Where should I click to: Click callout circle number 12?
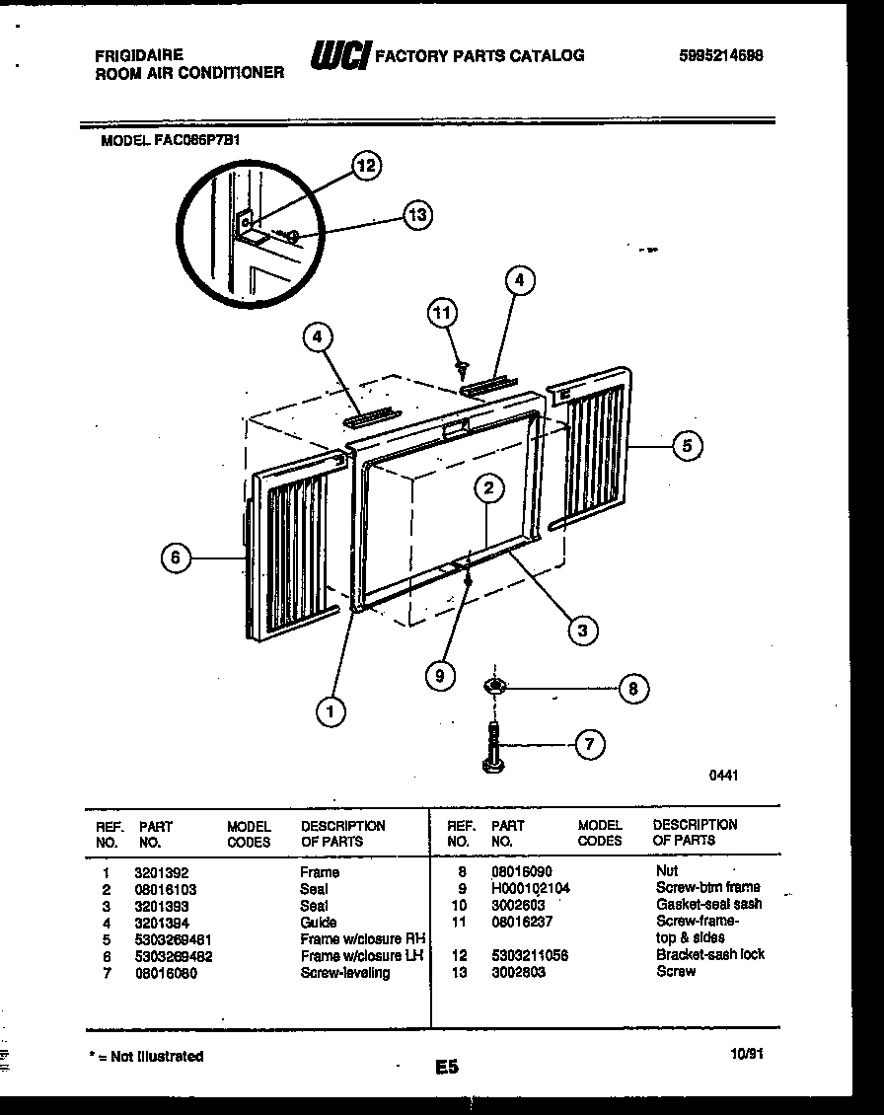click(x=366, y=167)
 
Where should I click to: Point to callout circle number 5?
click(x=688, y=446)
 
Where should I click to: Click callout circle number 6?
click(x=175, y=558)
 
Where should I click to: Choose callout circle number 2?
click(x=487, y=486)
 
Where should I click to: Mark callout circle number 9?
click(x=441, y=675)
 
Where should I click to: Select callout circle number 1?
click(x=331, y=709)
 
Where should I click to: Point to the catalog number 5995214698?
click(x=720, y=56)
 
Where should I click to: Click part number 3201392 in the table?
click(x=161, y=872)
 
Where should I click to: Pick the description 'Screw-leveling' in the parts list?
click(x=344, y=973)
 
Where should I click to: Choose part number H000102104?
click(x=530, y=888)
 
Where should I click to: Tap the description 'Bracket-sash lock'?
click(x=709, y=954)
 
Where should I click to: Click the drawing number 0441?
click(x=723, y=776)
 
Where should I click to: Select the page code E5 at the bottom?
click(x=446, y=1067)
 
